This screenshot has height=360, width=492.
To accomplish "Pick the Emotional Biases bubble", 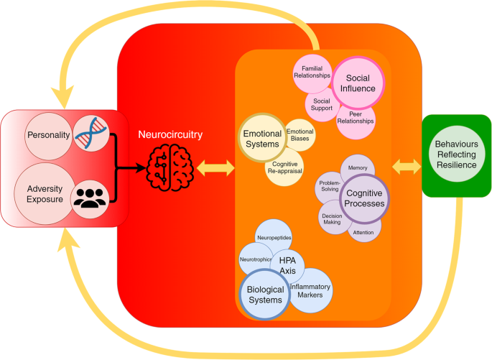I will coord(300,134).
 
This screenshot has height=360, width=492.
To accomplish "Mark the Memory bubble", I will coord(358,168).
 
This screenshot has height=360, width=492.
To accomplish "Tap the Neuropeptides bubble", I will coord(274,237).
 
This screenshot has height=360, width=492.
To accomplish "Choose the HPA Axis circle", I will coord(288,265).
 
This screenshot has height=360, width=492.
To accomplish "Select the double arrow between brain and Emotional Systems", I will coord(215,170).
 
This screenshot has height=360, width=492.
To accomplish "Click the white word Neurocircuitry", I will coord(171,134).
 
